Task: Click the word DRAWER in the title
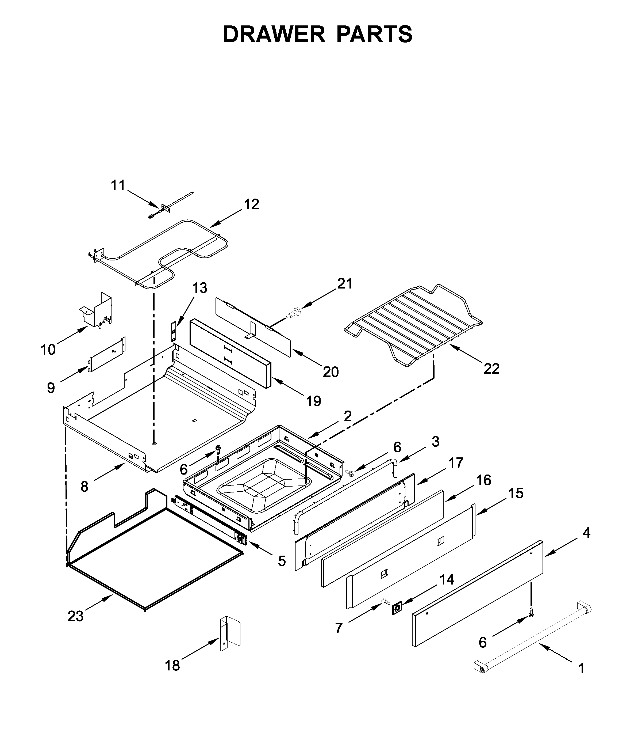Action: [x=274, y=35]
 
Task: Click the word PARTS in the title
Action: [x=374, y=35]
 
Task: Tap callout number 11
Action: [x=118, y=185]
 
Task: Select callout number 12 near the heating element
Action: [x=252, y=204]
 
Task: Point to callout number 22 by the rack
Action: [x=491, y=369]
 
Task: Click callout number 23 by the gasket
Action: [x=75, y=616]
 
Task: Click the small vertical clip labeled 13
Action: [x=174, y=331]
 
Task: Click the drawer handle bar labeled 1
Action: [x=532, y=639]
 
